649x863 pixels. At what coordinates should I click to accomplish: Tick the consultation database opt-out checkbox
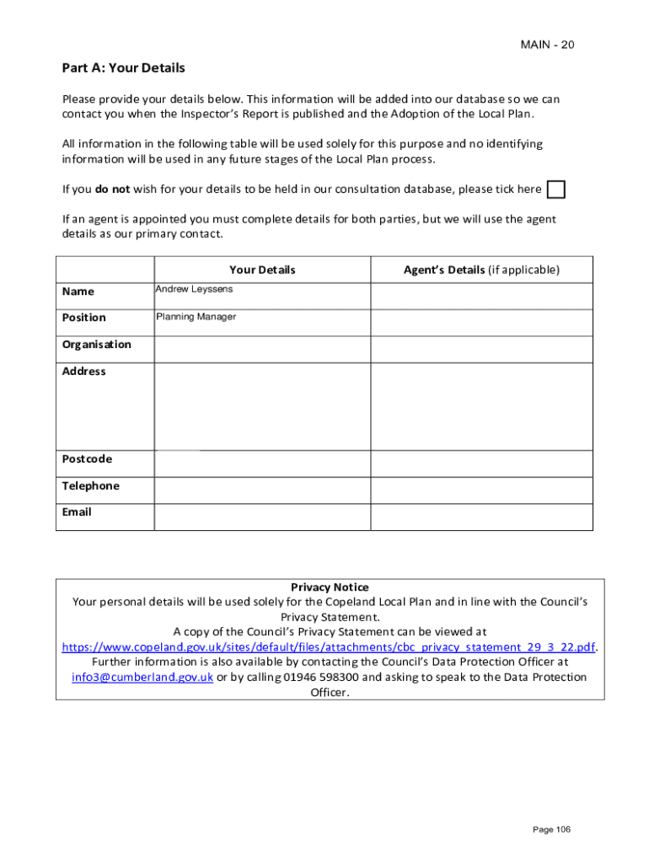[555, 190]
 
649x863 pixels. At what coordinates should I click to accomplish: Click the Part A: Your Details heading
[123, 67]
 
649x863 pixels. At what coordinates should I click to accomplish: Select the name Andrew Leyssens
[194, 289]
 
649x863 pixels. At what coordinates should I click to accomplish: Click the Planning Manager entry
[196, 317]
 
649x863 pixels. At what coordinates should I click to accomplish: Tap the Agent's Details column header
[481, 270]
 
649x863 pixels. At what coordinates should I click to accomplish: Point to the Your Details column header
[262, 270]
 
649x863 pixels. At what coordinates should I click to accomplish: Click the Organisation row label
[96, 344]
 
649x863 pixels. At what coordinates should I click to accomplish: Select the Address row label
[83, 371]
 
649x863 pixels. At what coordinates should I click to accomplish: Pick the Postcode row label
[87, 458]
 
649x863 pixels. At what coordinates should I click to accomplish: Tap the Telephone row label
[90, 485]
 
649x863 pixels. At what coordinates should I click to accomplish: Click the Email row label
[77, 512]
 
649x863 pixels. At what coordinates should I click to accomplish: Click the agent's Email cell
[481, 517]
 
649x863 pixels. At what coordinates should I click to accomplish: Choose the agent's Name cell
[481, 296]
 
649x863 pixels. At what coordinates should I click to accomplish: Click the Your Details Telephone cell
[262, 490]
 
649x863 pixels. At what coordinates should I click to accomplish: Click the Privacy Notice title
[330, 587]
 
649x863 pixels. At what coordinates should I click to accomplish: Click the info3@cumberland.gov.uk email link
[142, 678]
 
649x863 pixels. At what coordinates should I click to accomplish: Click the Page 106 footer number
[551, 830]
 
